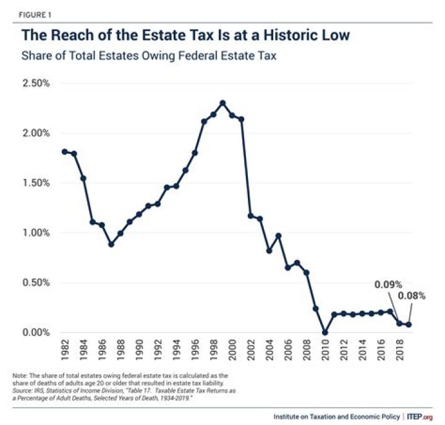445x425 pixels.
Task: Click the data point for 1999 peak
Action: pos(222,103)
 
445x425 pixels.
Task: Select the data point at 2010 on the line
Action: pos(325,332)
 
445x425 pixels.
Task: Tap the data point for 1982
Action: pos(64,151)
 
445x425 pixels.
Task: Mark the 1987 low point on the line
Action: pos(111,244)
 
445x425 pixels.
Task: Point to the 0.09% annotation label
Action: pos(388,285)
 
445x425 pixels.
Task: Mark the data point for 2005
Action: pos(279,235)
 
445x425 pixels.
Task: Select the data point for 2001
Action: pos(241,119)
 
